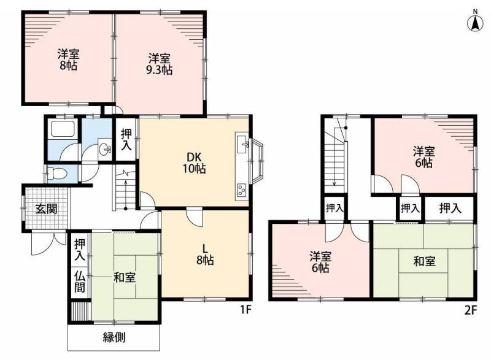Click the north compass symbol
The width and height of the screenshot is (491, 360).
coord(475,21)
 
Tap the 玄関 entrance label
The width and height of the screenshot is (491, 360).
coord(47,209)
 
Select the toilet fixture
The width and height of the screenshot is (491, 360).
coord(57,173)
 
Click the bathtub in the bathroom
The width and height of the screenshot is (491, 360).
coord(63,129)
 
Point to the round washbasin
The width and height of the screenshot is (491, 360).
coord(104,150)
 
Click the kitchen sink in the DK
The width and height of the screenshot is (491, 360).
coord(242,144)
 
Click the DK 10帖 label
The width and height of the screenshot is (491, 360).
coord(195,163)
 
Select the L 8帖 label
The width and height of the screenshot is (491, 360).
coord(205,255)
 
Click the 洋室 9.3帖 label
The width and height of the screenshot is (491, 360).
coord(160,64)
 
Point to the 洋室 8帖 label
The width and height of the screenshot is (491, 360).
coord(68,59)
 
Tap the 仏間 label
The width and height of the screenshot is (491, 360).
coord(80,282)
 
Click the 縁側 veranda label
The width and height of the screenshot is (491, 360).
coord(114,337)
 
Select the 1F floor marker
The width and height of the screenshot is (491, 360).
coord(246,309)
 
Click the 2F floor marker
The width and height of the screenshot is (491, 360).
coord(470,310)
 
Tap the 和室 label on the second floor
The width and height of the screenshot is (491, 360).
coord(424,261)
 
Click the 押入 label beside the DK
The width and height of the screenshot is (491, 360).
coord(126,139)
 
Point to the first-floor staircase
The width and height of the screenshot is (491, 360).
coord(125,191)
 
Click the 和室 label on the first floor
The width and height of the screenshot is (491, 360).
coord(125,277)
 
